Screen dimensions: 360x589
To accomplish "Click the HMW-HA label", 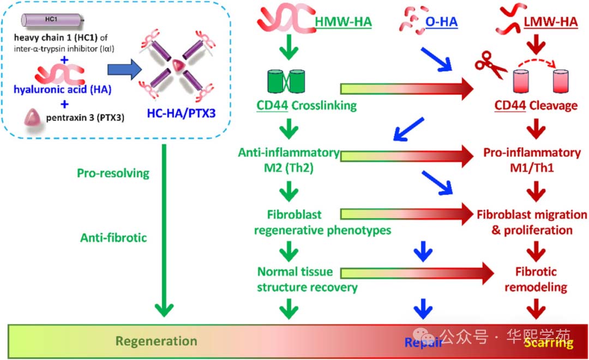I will tap(343, 22).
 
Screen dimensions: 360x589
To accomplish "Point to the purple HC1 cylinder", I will tap(52, 20).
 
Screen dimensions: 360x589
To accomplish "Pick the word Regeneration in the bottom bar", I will tap(156, 341).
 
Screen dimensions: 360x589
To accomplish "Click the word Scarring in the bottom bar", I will tap(548, 343).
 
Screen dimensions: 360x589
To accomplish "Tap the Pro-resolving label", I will tap(113, 173).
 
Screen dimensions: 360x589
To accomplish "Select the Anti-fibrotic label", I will tap(113, 237).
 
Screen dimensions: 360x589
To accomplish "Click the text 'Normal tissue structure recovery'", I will tap(307, 279).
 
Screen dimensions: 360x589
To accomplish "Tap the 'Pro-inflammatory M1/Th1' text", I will tap(532, 160).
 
